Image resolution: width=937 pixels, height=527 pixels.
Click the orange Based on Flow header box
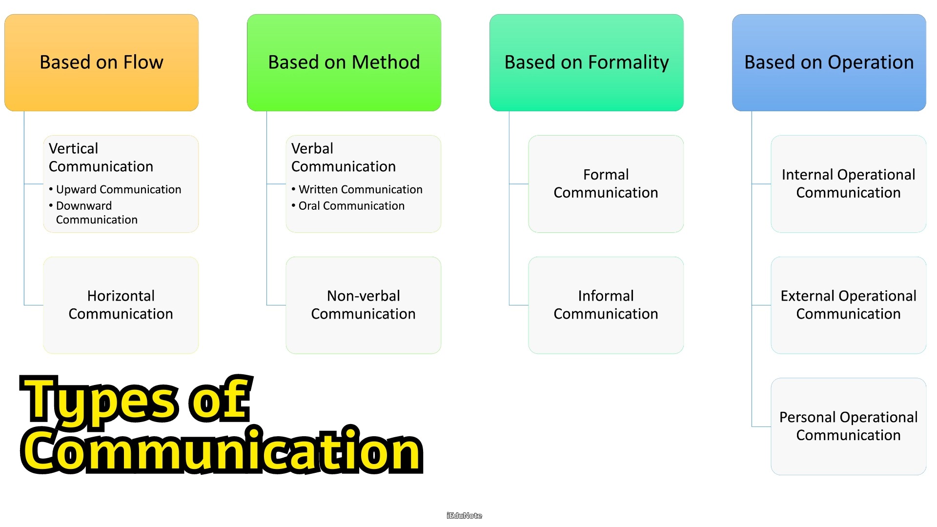pos(102,62)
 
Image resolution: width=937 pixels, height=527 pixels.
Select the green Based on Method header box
pos(344,62)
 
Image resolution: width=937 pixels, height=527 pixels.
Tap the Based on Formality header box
pos(587,62)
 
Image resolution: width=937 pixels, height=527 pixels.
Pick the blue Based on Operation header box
pos(829,62)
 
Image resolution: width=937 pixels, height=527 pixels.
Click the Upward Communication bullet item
pos(115,189)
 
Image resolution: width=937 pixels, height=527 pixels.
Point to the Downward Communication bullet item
pos(93,213)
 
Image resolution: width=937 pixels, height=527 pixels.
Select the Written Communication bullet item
pos(357,189)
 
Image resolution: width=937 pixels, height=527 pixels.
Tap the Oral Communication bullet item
pos(348,206)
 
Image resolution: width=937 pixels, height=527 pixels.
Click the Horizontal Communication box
pos(121,305)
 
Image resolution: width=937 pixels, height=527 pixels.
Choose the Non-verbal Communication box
pos(364,305)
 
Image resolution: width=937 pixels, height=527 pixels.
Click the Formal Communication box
pos(606,184)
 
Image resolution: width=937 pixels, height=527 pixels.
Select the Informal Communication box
pos(606,305)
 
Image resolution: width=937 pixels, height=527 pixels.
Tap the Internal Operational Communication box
pos(849,184)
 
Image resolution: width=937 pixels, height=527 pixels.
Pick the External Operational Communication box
pos(849,305)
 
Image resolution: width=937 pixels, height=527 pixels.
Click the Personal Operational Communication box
pos(849,426)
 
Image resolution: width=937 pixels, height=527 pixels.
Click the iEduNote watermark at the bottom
pos(464,516)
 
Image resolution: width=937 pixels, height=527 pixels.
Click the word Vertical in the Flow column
pos(73,148)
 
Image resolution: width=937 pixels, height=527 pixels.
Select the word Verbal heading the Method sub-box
pos(312,148)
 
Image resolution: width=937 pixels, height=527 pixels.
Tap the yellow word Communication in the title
pos(222,450)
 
